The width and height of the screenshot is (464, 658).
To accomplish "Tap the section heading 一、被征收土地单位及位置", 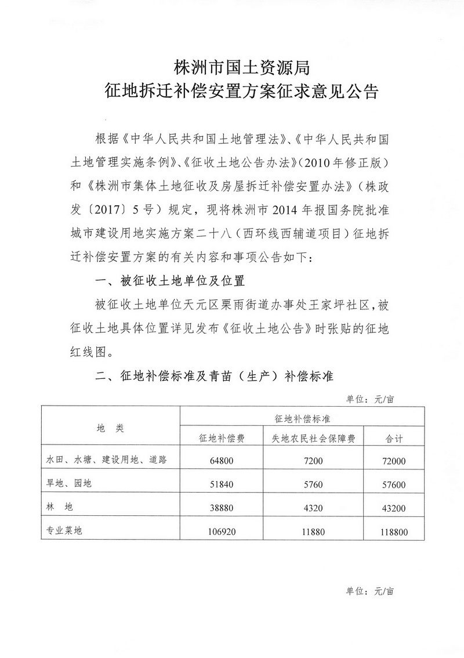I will [169, 281].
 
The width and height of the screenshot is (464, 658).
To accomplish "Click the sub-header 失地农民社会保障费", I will [314, 439].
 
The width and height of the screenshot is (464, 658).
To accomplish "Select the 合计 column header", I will [394, 439].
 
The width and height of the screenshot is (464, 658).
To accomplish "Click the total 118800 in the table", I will [394, 529].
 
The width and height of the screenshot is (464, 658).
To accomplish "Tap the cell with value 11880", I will [313, 529].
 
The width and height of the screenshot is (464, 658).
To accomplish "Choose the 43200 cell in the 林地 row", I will [394, 507].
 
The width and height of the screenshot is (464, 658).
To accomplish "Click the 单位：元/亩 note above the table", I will [370, 399].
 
